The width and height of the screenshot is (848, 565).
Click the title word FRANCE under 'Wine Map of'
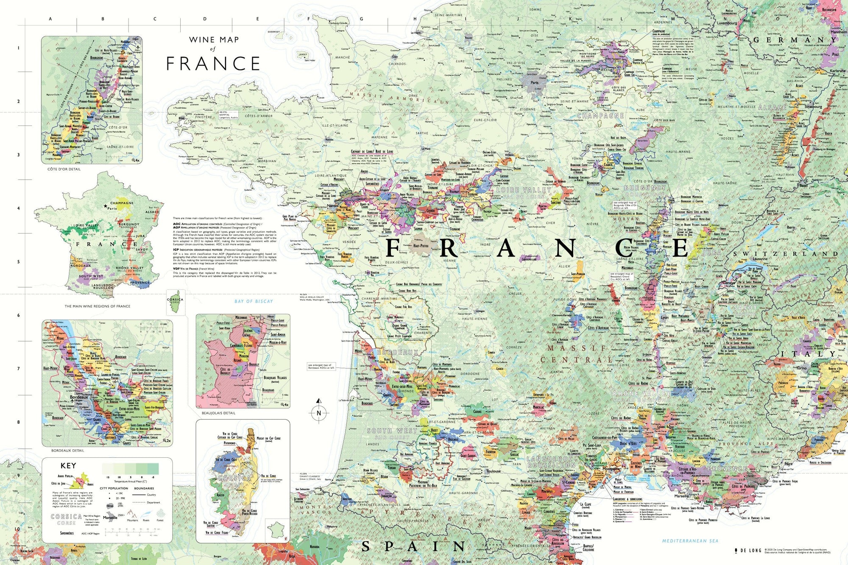(x=213, y=64)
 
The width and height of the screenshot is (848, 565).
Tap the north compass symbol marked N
(x=319, y=413)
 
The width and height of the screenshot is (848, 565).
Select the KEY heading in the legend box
(x=68, y=465)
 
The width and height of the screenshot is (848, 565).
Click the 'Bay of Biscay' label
(x=254, y=301)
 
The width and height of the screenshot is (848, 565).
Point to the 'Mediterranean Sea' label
(x=690, y=541)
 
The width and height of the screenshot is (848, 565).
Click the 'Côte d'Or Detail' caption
(x=64, y=169)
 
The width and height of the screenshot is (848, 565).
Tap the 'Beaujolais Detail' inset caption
(x=218, y=413)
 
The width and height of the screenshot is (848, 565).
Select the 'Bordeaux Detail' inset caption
(x=68, y=451)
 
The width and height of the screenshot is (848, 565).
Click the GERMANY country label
(x=795, y=40)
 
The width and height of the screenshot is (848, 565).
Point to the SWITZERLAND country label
(x=785, y=254)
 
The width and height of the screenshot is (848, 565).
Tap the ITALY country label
(x=808, y=353)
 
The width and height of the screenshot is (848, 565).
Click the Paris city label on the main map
(x=534, y=83)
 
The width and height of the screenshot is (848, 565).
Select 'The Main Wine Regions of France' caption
(x=97, y=306)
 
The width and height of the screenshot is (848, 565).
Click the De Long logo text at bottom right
(x=750, y=551)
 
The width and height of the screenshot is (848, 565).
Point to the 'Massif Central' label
(x=577, y=354)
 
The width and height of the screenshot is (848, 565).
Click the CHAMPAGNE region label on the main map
(x=600, y=116)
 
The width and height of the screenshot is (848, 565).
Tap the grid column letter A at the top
(x=50, y=19)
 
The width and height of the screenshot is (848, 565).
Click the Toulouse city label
(x=493, y=471)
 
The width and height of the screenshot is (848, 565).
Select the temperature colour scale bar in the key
(x=130, y=468)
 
